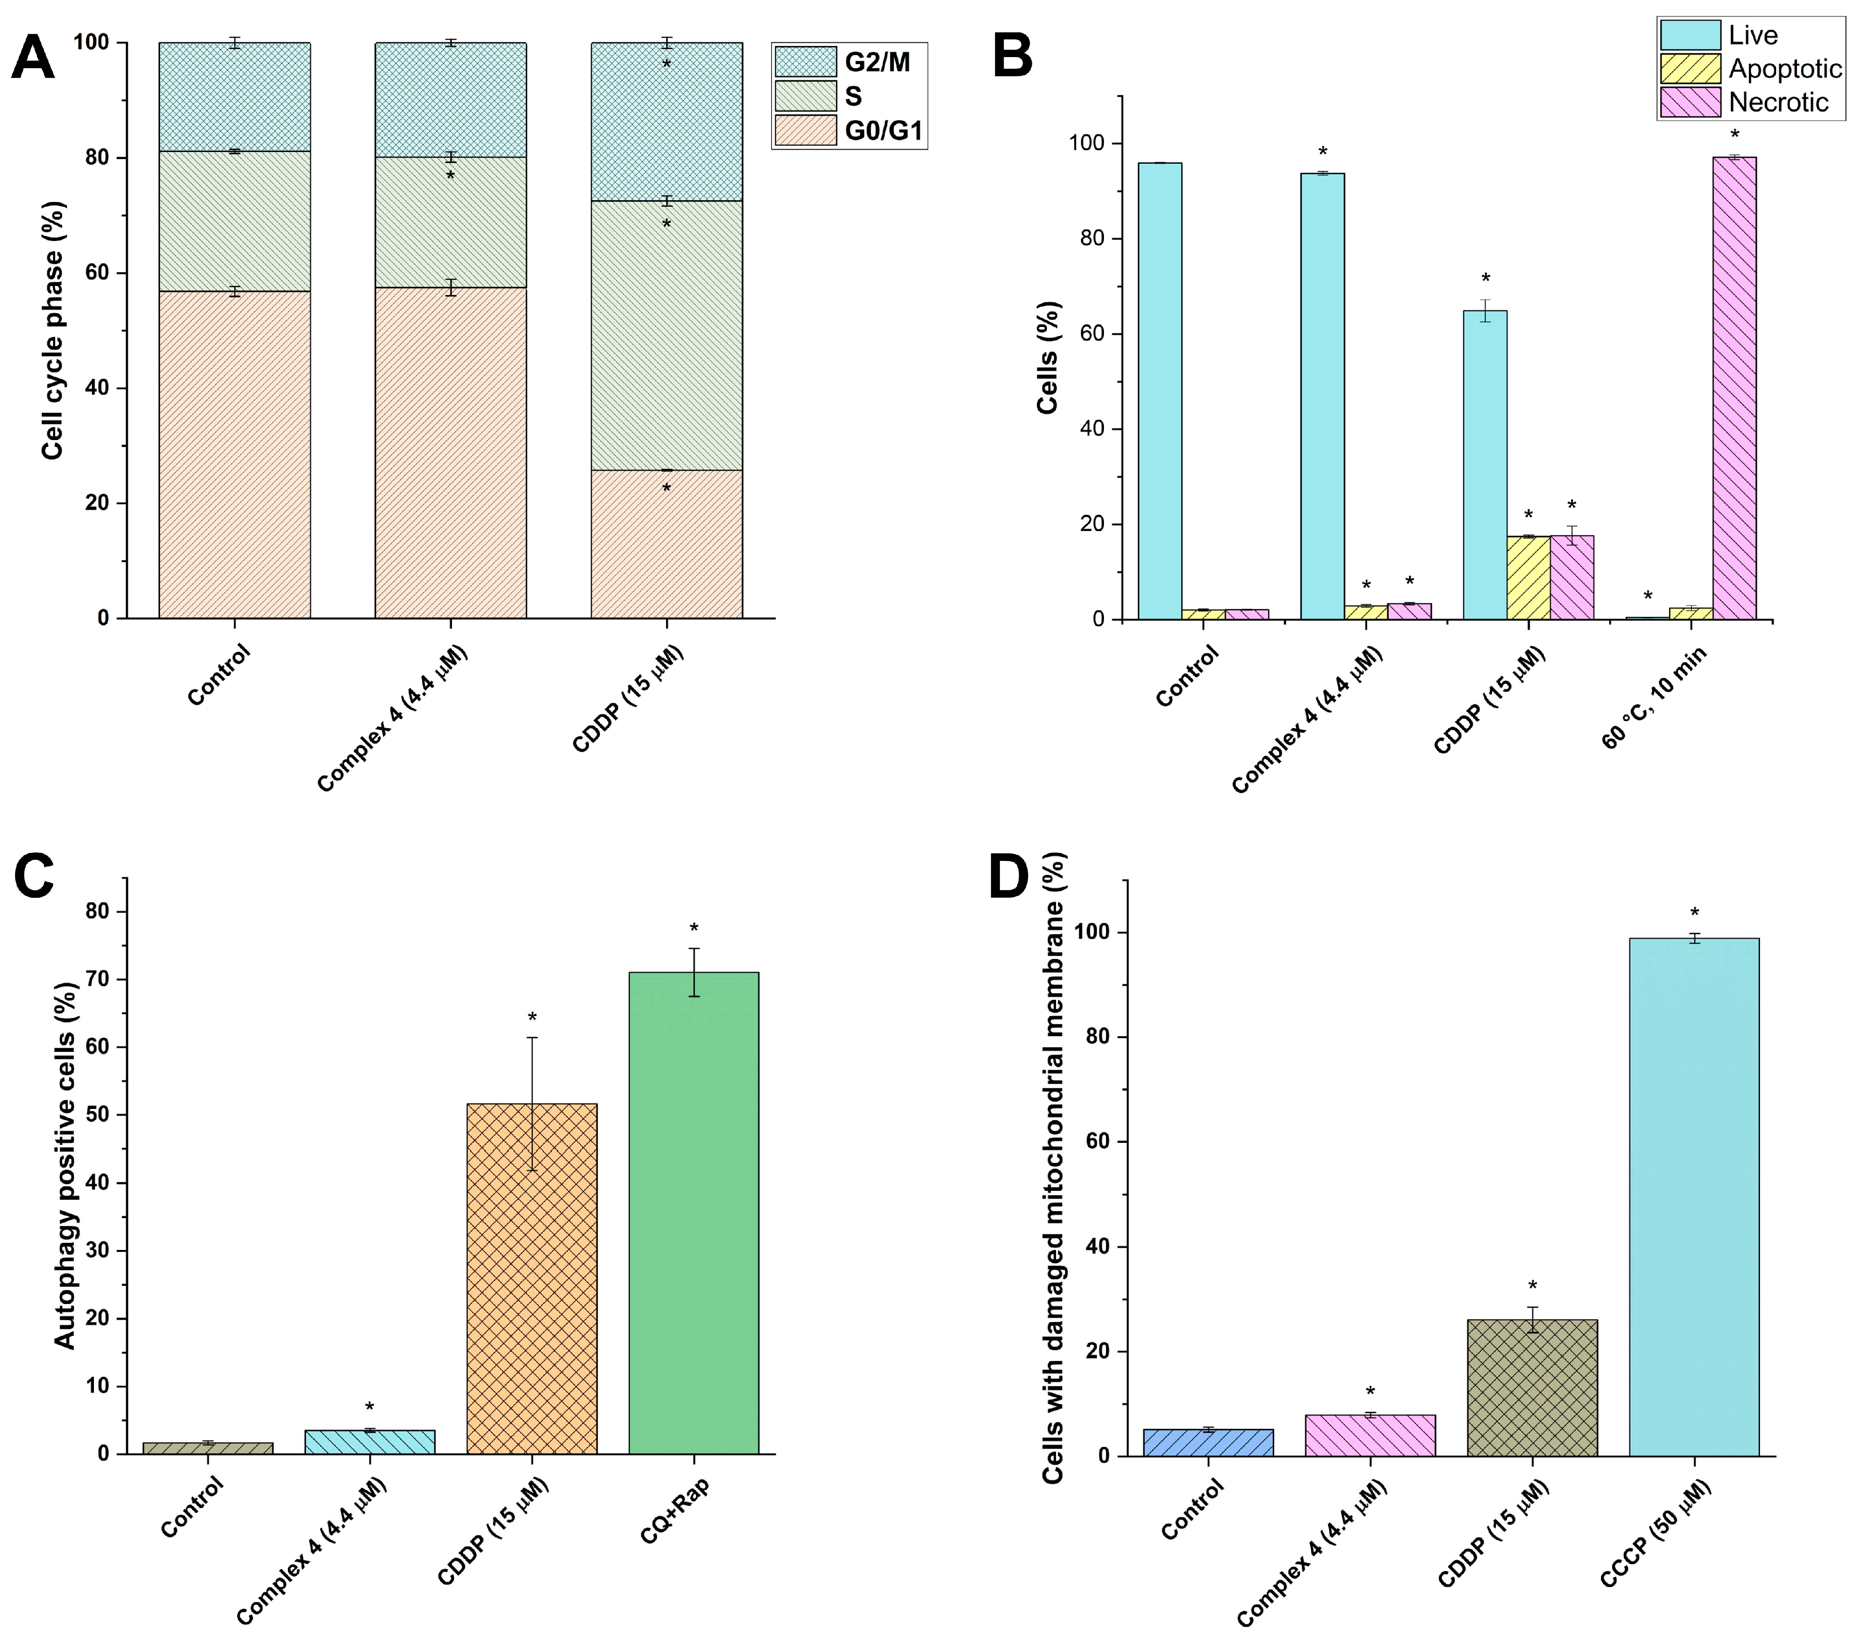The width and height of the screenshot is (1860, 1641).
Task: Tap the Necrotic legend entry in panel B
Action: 1777,102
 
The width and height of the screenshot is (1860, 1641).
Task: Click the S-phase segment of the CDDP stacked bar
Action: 666,335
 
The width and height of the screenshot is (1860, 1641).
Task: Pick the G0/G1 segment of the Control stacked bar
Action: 235,455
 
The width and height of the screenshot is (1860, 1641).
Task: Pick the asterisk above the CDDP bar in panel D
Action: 1532,1286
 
